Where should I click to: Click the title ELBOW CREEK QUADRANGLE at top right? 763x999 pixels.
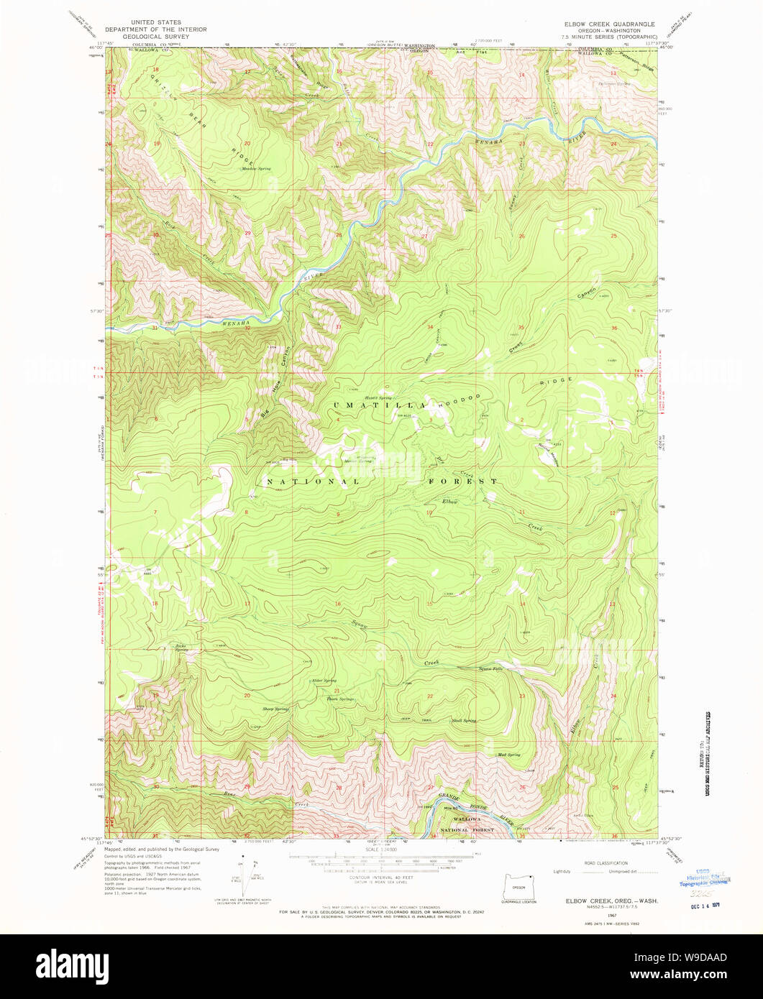pos(609,24)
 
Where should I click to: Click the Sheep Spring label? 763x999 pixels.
pos(275,709)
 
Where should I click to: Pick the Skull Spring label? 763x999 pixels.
pos(464,720)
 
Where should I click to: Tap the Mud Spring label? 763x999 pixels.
pos(508,755)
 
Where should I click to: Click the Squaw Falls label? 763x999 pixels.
pos(490,669)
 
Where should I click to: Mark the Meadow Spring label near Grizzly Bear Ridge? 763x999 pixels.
pos(256,168)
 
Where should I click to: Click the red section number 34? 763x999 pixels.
pos(430,328)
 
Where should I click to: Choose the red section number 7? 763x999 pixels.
pos(155,511)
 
